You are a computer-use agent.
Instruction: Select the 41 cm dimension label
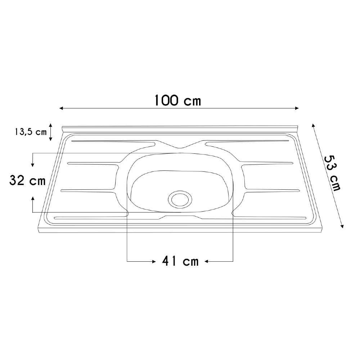180,261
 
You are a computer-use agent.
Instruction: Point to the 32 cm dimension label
27,180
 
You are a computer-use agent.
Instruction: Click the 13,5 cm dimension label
31,132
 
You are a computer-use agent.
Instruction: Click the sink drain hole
180,198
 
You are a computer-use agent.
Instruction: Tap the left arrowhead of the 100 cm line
62,108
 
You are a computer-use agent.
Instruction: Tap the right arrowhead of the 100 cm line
297,108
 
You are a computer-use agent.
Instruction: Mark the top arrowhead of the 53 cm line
313,125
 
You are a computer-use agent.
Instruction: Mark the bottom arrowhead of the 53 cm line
342,226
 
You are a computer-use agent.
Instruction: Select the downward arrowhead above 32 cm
33,165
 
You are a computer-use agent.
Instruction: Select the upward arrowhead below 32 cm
33,199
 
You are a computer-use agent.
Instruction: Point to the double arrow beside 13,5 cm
51,132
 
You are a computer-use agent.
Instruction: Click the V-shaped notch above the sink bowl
180,147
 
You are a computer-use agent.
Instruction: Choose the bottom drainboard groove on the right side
270,217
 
